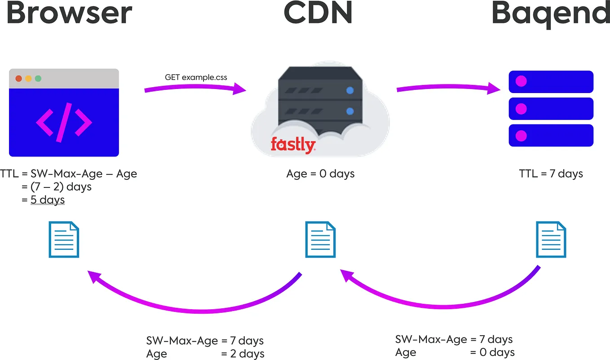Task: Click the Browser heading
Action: coord(69,13)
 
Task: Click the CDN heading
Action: coord(318,13)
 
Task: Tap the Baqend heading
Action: coord(551,14)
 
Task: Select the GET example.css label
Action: coord(196,77)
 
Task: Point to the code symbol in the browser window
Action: coord(64,122)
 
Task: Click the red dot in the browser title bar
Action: coord(19,79)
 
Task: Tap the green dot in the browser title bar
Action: coord(38,79)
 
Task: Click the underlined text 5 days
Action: coord(48,200)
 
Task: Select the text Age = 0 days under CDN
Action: coord(320,173)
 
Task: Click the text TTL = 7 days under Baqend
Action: coord(551,173)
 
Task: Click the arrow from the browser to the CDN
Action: coord(195,88)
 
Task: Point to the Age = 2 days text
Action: coord(205,354)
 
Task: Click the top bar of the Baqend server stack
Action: coord(551,82)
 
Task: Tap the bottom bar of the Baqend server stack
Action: coord(551,135)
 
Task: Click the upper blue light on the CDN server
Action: coord(349,90)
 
